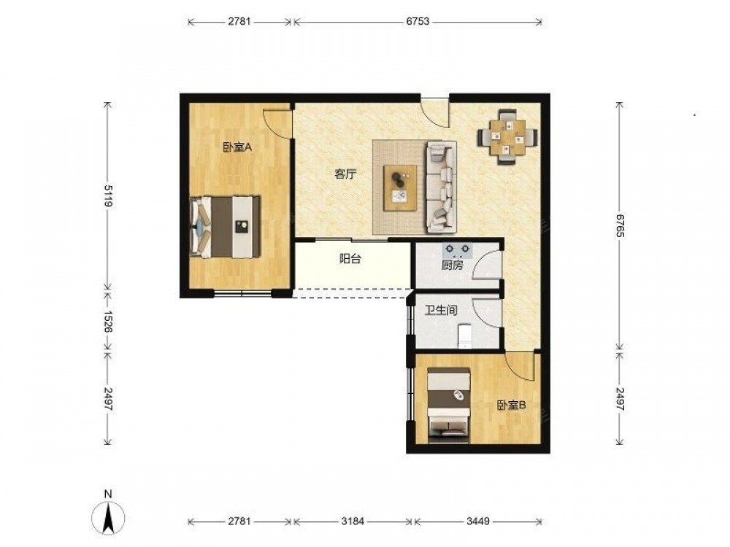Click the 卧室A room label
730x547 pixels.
pyautogui.click(x=237, y=148)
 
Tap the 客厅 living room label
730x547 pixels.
pyautogui.click(x=345, y=174)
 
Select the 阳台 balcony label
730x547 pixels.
pyautogui.click(x=350, y=259)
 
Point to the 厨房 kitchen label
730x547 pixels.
pyautogui.click(x=452, y=265)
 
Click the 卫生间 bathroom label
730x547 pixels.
pyautogui.click(x=442, y=310)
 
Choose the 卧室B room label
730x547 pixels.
pyautogui.click(x=511, y=406)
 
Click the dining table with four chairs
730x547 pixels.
pyautogui.click(x=507, y=137)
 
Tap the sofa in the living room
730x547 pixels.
pyautogui.click(x=441, y=187)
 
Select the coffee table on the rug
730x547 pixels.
pyautogui.click(x=400, y=188)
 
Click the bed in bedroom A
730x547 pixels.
pyautogui.click(x=226, y=227)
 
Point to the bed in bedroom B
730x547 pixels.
pyautogui.click(x=449, y=404)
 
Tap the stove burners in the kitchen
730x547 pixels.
pyautogui.click(x=458, y=250)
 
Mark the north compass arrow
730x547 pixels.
pyautogui.click(x=109, y=517)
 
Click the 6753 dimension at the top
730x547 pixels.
pyautogui.click(x=418, y=21)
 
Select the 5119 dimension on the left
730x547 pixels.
pyautogui.click(x=108, y=195)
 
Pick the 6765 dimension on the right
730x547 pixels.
pyautogui.click(x=620, y=225)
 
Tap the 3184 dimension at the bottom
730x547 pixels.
pyautogui.click(x=353, y=521)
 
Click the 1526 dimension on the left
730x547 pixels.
pyautogui.click(x=108, y=322)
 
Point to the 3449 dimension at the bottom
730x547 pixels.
pyautogui.click(x=478, y=521)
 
